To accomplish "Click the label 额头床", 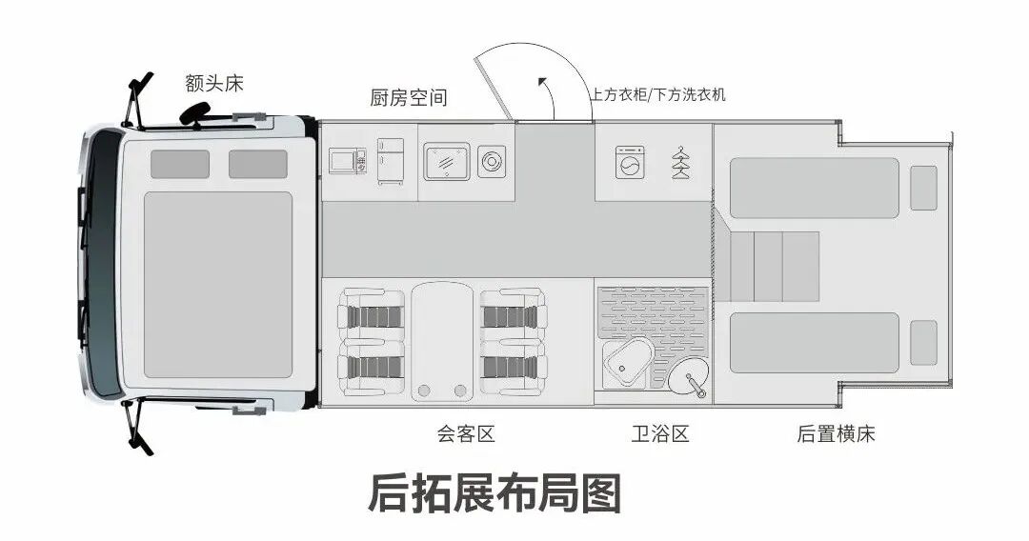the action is pyautogui.click(x=214, y=83).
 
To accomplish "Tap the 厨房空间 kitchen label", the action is pyautogui.click(x=408, y=98).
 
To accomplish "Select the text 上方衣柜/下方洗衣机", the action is pyautogui.click(x=657, y=94).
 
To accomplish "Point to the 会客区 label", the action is pyautogui.click(x=466, y=434).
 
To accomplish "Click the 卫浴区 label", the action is pyautogui.click(x=659, y=434).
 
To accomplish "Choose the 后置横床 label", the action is pyautogui.click(x=836, y=434).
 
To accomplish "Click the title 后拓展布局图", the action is pyautogui.click(x=494, y=494).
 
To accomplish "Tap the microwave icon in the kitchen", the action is pyautogui.click(x=347, y=161).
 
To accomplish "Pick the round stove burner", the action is pyautogui.click(x=492, y=161).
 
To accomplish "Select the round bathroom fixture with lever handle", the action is pyautogui.click(x=688, y=379).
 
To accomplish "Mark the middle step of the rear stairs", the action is pyautogui.click(x=768, y=264).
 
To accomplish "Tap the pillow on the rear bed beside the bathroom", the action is pyautogui.click(x=923, y=343).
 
